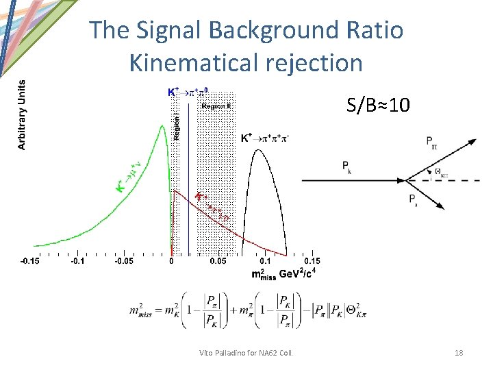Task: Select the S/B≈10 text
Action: coord(379,106)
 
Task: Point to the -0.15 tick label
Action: coord(29,260)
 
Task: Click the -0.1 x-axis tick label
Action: coord(77,260)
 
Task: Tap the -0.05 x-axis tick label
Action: coord(123,260)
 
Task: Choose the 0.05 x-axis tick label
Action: coord(218,260)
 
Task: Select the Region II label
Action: coord(216,106)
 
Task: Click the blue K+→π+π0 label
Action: coord(190,91)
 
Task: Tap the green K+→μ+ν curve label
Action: coord(130,177)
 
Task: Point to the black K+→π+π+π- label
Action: coord(265,138)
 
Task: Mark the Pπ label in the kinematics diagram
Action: coord(432,143)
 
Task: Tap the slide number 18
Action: coord(459,353)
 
